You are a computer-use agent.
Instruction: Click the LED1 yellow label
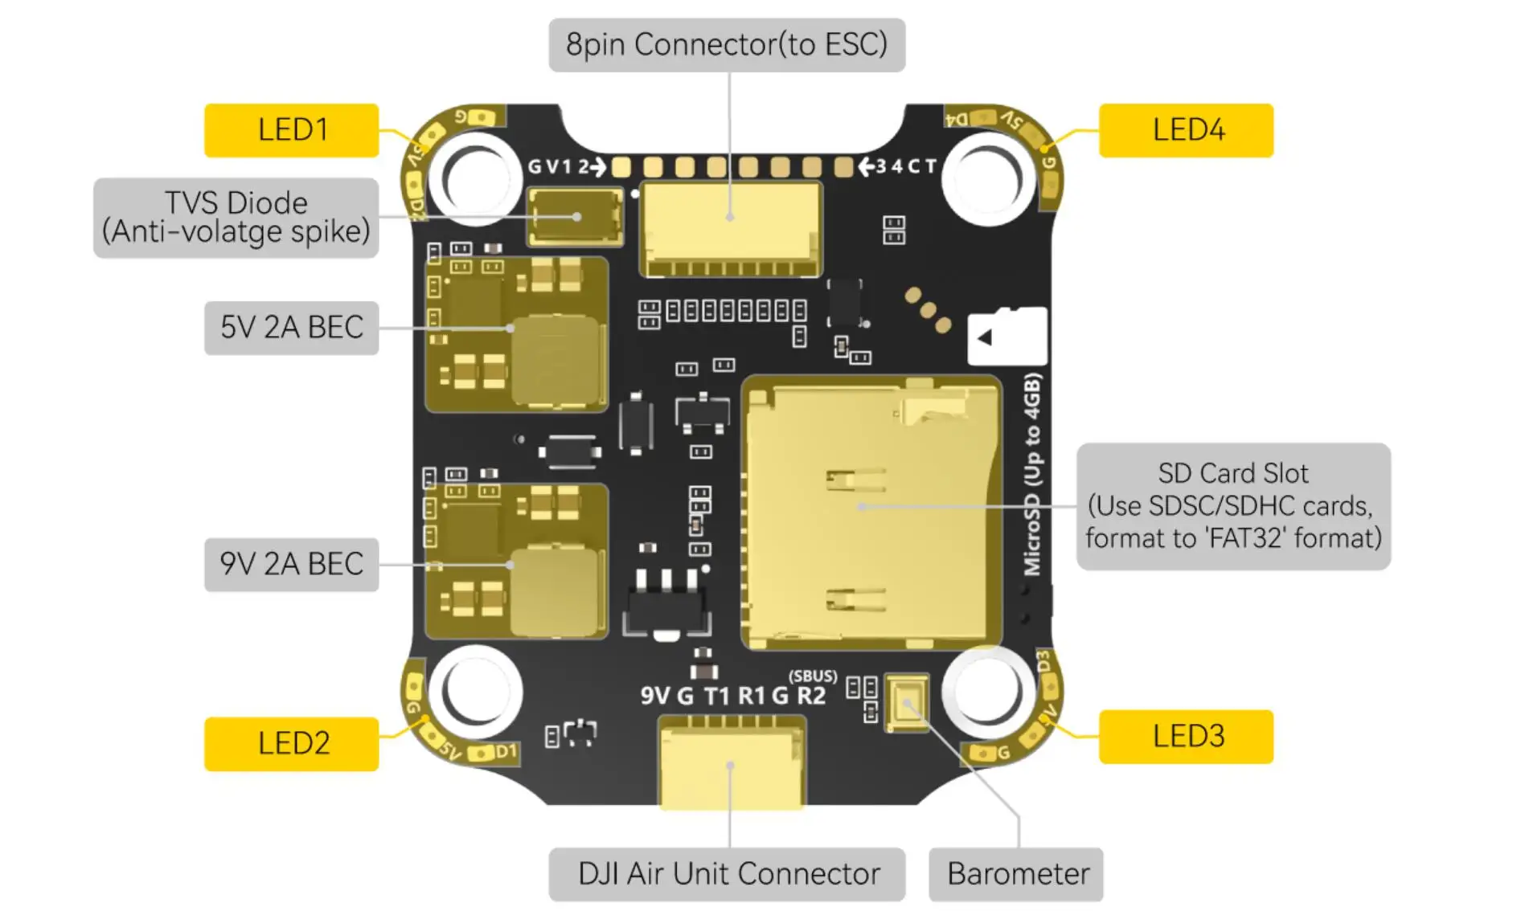pyautogui.click(x=291, y=130)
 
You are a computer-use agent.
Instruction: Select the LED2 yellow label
pyautogui.click(x=291, y=744)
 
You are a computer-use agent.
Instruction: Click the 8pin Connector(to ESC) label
pyautogui.click(x=727, y=45)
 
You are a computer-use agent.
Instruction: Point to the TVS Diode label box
pyautogui.click(x=236, y=218)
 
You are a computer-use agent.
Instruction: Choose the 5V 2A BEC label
pyautogui.click(x=291, y=328)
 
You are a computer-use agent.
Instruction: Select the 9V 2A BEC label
pyautogui.click(x=291, y=565)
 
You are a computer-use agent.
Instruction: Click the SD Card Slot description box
pyautogui.click(x=1233, y=506)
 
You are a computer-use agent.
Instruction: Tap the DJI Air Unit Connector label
pyautogui.click(x=727, y=874)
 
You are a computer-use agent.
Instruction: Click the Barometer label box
pyautogui.click(x=1016, y=874)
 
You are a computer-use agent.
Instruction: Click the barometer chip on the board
pyautogui.click(x=907, y=703)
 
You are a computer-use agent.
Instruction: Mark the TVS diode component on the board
pyautogui.click(x=575, y=216)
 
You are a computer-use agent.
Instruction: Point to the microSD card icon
pyautogui.click(x=1007, y=337)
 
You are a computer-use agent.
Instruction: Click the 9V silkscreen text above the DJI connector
pyautogui.click(x=654, y=695)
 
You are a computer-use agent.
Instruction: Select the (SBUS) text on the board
pyautogui.click(x=812, y=676)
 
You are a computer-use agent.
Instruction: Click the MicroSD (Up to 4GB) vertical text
pyautogui.click(x=1032, y=474)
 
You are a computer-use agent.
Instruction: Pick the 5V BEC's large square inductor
pyautogui.click(x=558, y=359)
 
